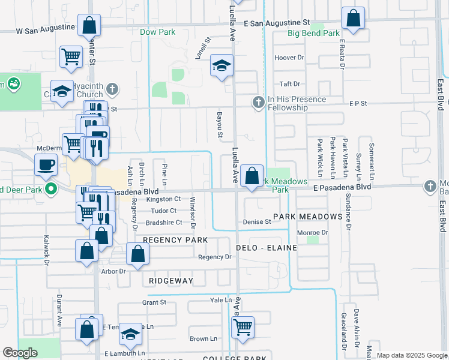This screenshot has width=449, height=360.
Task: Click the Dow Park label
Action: [157, 32]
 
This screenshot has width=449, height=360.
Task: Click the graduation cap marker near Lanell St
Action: [221, 66]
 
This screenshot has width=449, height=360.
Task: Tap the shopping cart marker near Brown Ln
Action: [243, 328]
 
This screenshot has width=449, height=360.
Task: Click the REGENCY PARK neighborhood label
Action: [175, 240]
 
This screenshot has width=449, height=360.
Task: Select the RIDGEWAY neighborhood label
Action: [168, 281]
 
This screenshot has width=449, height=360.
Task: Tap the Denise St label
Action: [257, 222]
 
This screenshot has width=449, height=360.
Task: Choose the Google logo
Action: [20, 353]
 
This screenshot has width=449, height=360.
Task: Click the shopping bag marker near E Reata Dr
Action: [353, 19]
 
